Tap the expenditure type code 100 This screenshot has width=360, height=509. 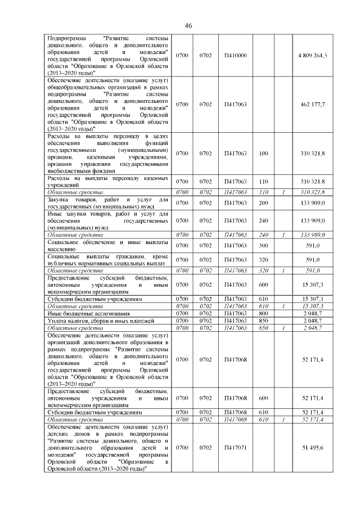263,153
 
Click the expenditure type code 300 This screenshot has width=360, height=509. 263,246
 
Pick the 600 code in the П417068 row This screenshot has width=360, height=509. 263,398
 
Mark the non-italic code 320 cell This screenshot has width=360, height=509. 263,260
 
